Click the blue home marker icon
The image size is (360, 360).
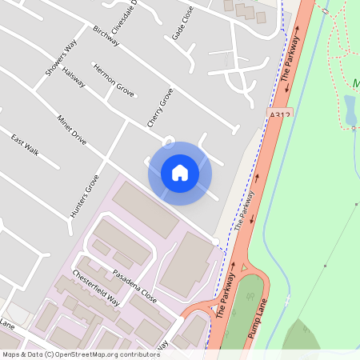coord(180,173)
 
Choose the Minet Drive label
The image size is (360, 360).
coord(71,129)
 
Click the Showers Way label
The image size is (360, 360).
coord(60,60)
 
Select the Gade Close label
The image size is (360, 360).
coord(182,26)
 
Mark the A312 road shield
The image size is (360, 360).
coord(279,117)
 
